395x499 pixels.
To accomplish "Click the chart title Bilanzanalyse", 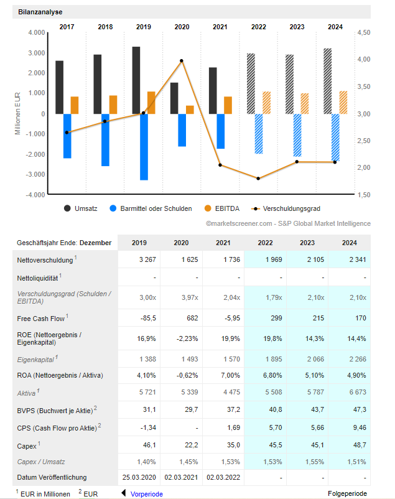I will pos(40,12).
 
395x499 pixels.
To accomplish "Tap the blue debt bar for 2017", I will pos(67,136).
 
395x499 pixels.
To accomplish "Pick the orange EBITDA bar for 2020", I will pos(190,110).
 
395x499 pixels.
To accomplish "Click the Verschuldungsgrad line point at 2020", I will pos(182,61).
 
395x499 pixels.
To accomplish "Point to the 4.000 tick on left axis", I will pos(37,32).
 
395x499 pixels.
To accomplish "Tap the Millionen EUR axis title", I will pos(17,113).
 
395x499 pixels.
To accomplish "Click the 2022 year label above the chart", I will pos(259,27).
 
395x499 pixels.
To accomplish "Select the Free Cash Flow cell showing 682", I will pos(182,319).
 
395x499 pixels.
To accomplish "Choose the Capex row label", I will pos(27,445).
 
